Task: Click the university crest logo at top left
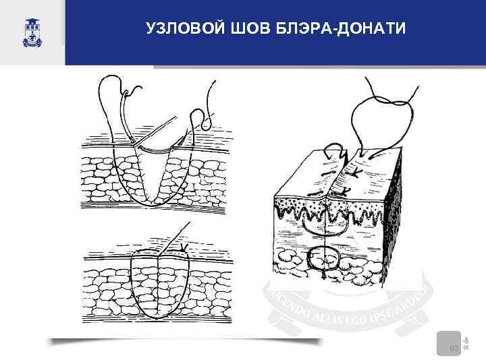32,32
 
